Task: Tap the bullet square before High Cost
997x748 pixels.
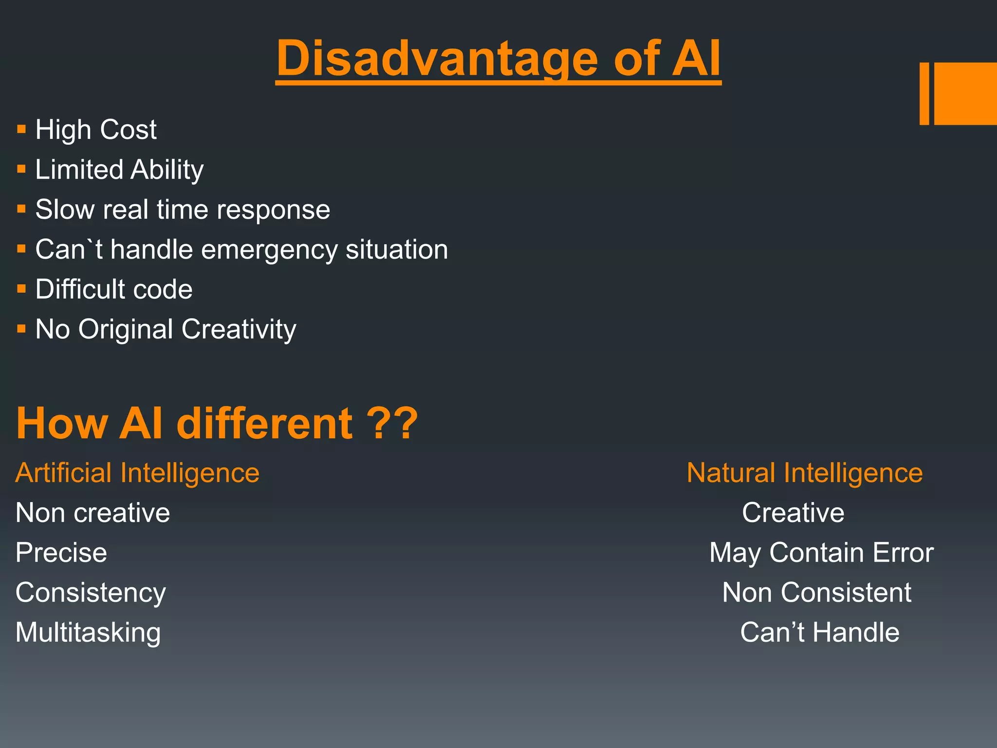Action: pyautogui.click(x=21, y=130)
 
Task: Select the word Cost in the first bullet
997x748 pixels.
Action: pyautogui.click(x=128, y=130)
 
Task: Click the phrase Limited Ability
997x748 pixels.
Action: pyautogui.click(x=119, y=169)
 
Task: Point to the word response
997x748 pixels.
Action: pyautogui.click(x=273, y=210)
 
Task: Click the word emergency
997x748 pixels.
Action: pyautogui.click(x=269, y=250)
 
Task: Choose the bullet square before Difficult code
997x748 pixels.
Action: pyautogui.click(x=21, y=289)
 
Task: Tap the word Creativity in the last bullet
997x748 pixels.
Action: pyautogui.click(x=239, y=329)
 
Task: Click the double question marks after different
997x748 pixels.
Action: pyautogui.click(x=392, y=423)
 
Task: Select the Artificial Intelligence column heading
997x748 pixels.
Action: pyautogui.click(x=137, y=473)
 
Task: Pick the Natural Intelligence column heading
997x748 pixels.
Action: pyautogui.click(x=804, y=473)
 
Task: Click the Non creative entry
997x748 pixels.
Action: pyautogui.click(x=92, y=513)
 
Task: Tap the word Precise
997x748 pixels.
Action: pyautogui.click(x=61, y=553)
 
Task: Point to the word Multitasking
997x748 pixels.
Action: pyautogui.click(x=88, y=632)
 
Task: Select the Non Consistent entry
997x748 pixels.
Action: pyautogui.click(x=816, y=593)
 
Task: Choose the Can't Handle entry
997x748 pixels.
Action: pyautogui.click(x=819, y=632)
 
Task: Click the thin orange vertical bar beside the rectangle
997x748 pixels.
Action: pyautogui.click(x=924, y=93)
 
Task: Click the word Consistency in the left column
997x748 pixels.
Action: pyautogui.click(x=91, y=593)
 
